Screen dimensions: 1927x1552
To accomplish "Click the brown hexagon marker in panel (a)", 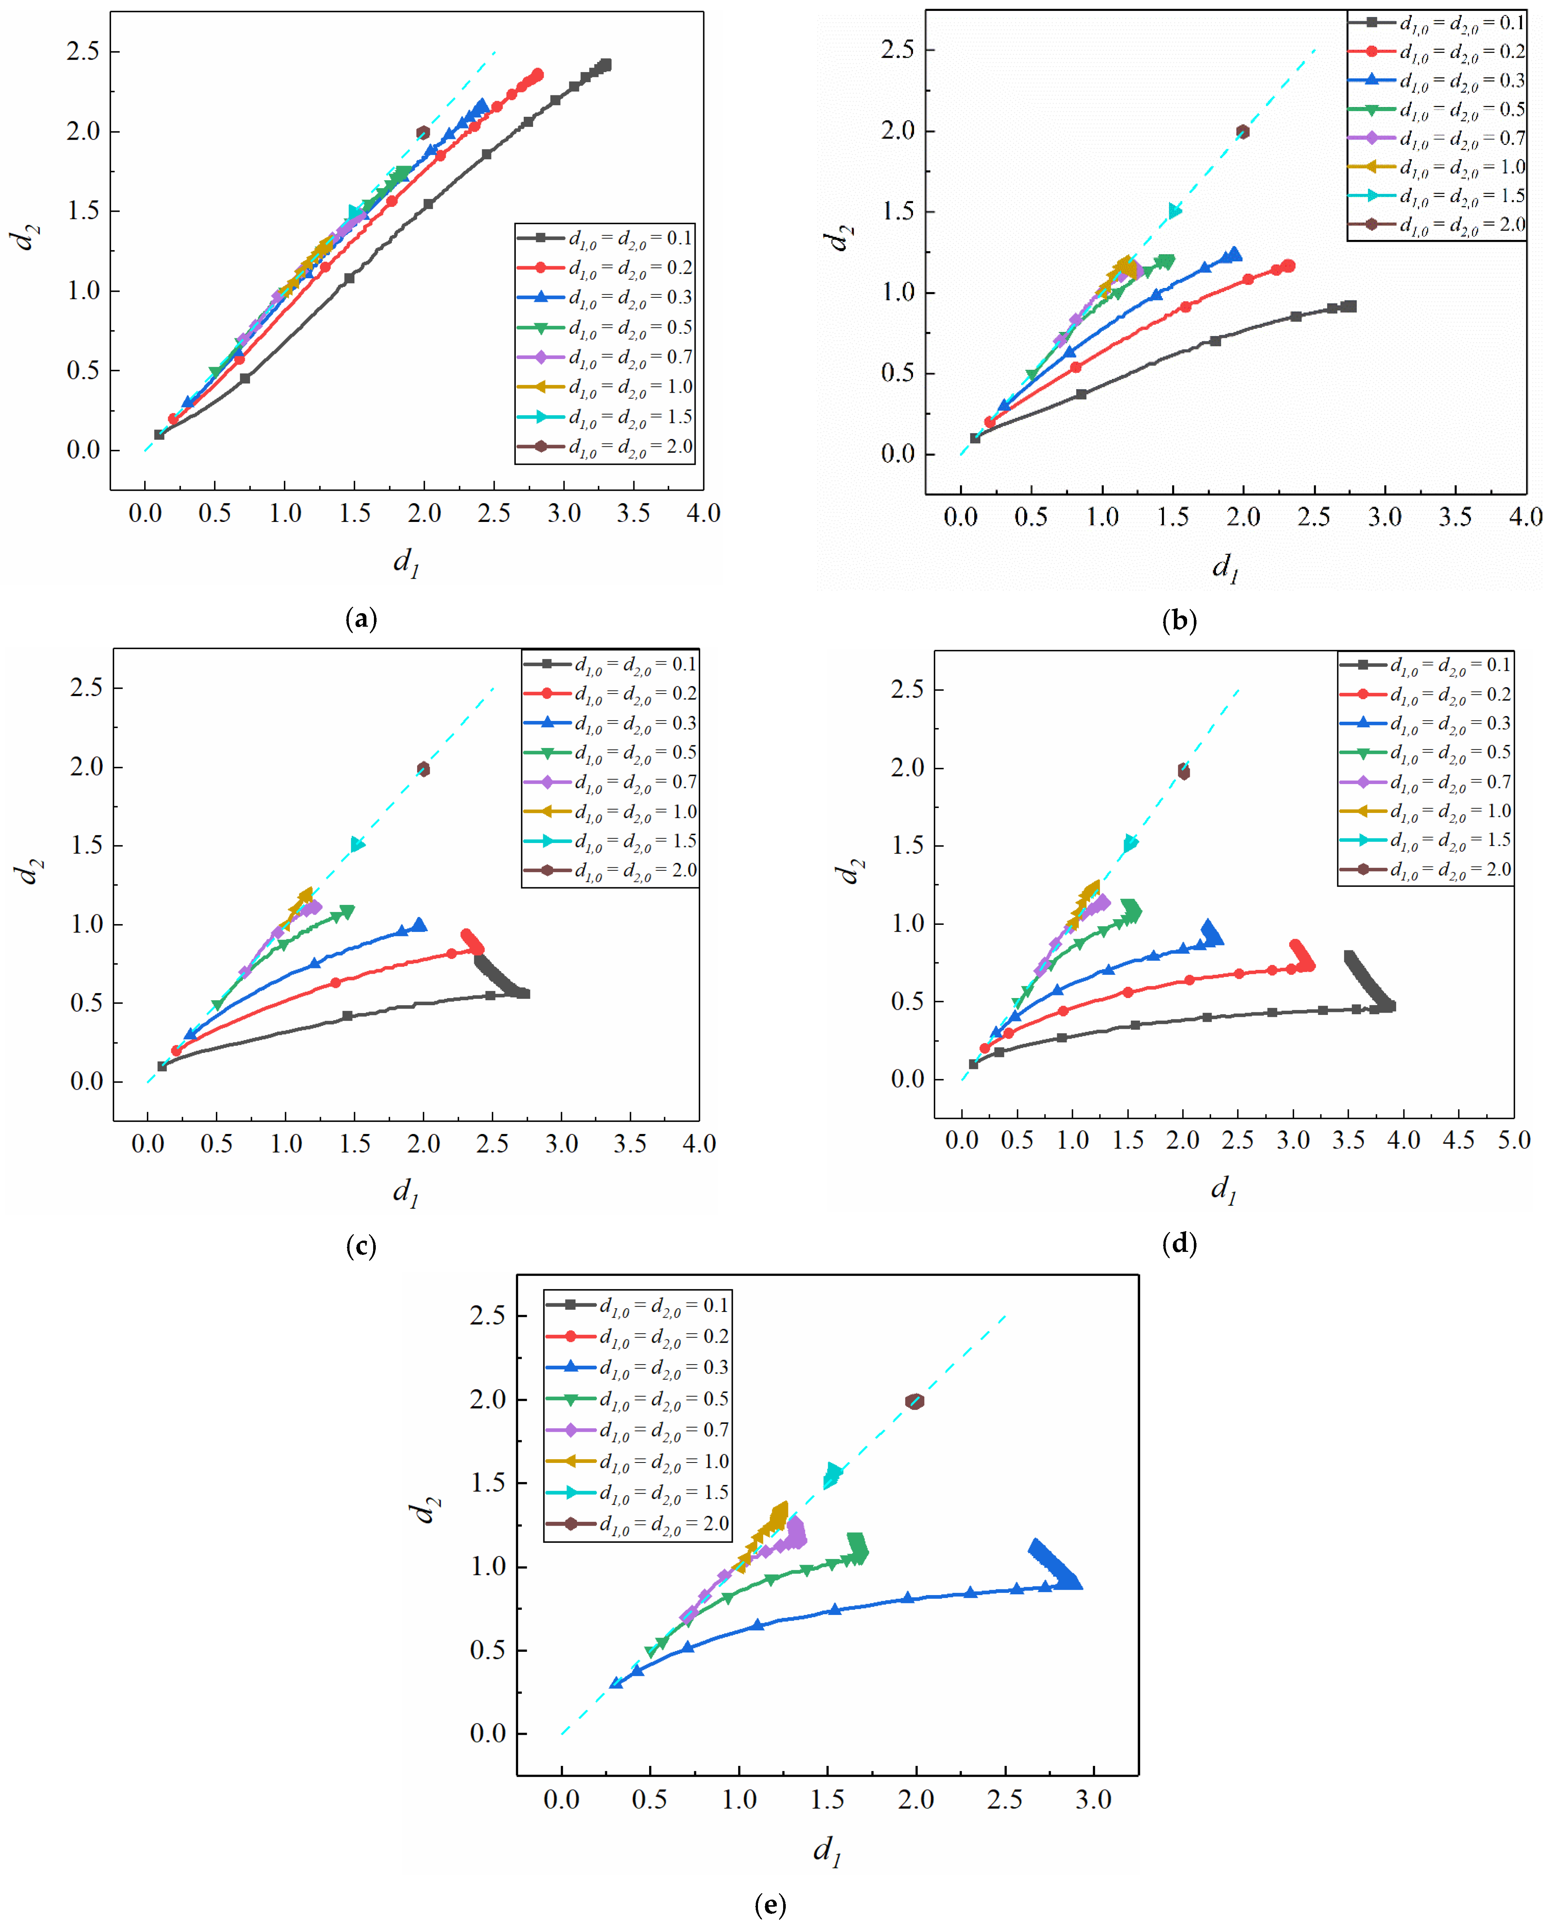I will click(x=423, y=132).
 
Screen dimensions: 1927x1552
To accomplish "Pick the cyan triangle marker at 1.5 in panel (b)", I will click(x=1175, y=211).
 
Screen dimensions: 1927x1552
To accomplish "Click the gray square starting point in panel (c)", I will click(x=162, y=1066).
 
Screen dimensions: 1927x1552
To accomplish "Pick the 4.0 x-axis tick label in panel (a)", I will click(x=703, y=513).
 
